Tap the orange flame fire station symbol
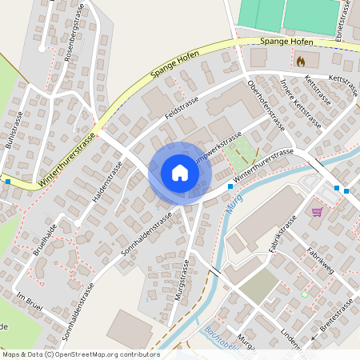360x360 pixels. click(301, 60)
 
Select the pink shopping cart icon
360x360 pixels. click(317, 212)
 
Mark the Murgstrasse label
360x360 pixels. click(181, 279)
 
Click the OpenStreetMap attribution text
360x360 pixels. click(80, 354)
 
